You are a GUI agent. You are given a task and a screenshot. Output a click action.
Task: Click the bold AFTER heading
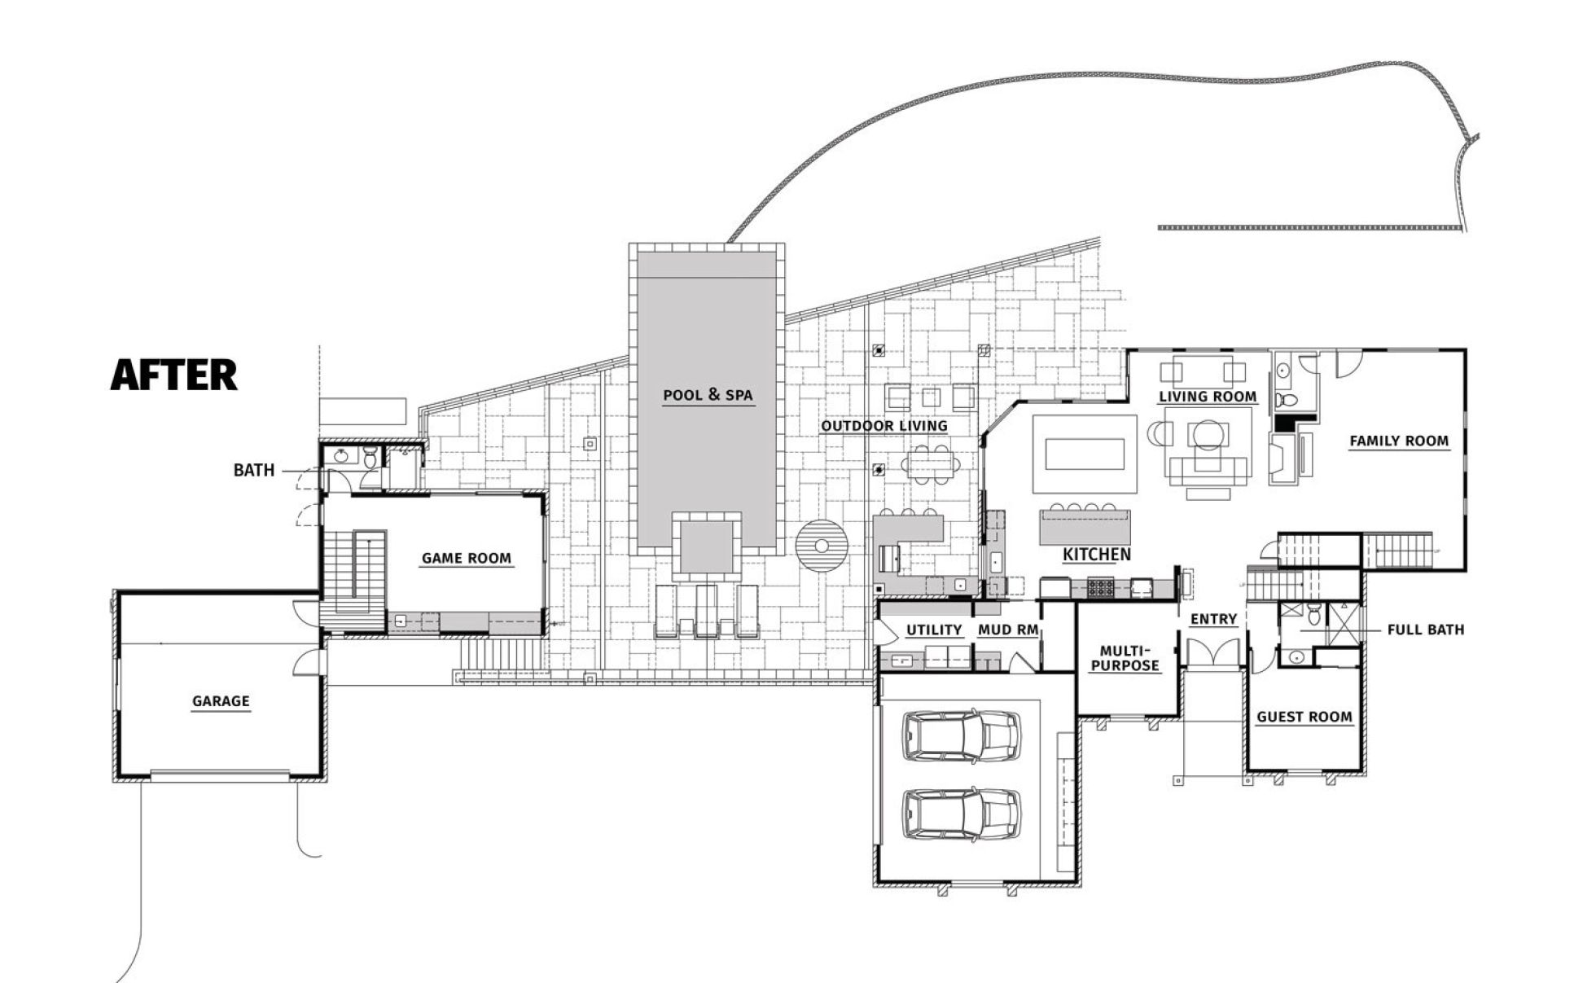click(x=173, y=375)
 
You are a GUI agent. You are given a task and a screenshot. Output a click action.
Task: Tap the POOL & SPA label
click(x=708, y=395)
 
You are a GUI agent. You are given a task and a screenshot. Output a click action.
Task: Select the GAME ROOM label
click(x=467, y=558)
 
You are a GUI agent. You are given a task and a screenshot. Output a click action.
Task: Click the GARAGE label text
click(x=221, y=700)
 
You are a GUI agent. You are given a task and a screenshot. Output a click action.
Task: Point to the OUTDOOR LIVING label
click(x=884, y=425)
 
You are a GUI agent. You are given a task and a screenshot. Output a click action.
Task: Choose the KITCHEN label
click(x=1097, y=555)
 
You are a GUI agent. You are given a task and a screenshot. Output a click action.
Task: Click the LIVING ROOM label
click(x=1208, y=396)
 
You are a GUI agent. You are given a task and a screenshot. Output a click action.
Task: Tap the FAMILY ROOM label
click(x=1399, y=441)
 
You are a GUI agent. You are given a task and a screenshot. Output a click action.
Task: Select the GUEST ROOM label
click(x=1304, y=717)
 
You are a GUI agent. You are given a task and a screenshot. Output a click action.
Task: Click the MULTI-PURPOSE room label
click(x=1125, y=658)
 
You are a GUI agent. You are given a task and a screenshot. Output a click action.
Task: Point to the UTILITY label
click(x=935, y=630)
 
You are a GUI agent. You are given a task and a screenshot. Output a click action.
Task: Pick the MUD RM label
click(x=1007, y=630)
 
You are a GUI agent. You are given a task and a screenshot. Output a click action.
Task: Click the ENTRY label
click(x=1213, y=619)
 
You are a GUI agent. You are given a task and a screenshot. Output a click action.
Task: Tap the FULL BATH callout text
click(x=1426, y=629)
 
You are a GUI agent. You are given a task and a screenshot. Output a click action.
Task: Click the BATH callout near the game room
click(x=254, y=470)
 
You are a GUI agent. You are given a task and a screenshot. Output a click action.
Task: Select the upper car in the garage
click(x=961, y=735)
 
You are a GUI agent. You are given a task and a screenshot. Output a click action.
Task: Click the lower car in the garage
click(x=961, y=813)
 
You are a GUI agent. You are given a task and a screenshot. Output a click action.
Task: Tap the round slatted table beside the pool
click(x=822, y=546)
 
